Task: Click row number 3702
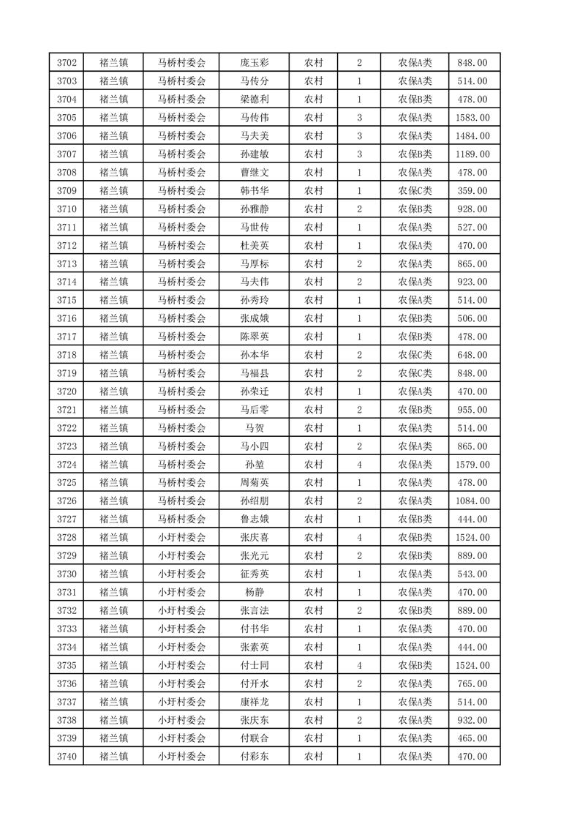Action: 66,63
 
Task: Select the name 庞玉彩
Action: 254,63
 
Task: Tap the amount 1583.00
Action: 472,118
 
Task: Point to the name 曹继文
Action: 254,173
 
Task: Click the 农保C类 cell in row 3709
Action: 415,191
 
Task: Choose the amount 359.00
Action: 472,191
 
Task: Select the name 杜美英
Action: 254,246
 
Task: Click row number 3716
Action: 66,318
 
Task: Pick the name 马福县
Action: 254,373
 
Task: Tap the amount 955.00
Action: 472,410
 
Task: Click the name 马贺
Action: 254,428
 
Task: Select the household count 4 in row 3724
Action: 359,465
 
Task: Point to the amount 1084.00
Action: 472,501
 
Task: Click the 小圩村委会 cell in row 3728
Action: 182,538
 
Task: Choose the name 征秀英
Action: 254,574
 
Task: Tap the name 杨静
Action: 254,592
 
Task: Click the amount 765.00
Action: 472,683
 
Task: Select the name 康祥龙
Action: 254,702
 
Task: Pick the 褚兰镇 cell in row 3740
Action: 113,757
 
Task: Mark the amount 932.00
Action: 472,720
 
